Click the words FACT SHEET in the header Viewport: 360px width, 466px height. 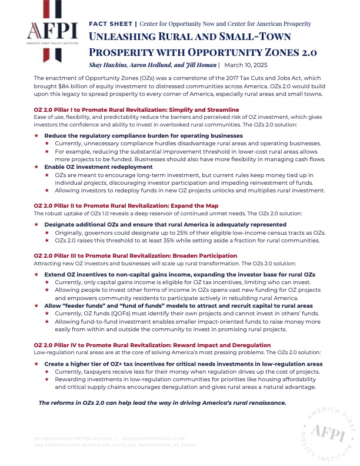[x=111, y=24]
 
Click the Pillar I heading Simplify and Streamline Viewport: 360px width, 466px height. [x=199, y=110]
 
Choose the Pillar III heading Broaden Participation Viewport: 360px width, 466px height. [x=204, y=256]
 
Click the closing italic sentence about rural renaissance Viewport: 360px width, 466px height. [x=162, y=402]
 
